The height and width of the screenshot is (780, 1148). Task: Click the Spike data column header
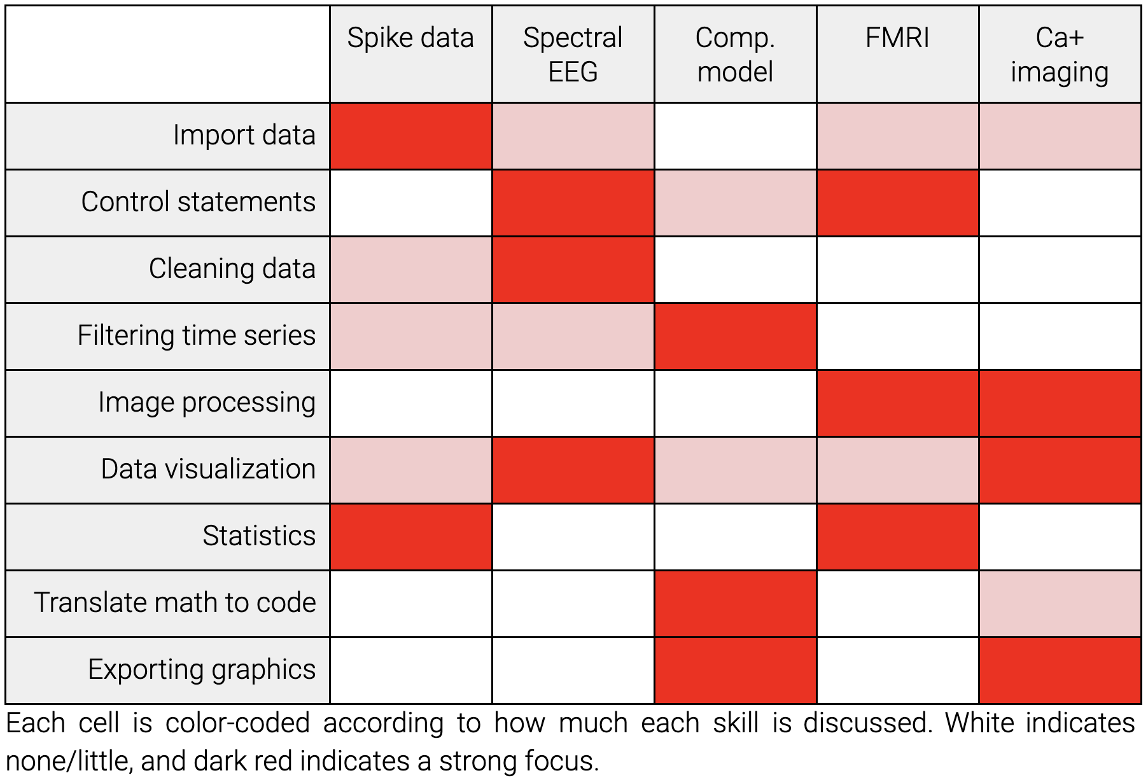coord(410,38)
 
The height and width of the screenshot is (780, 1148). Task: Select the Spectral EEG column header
coord(573,55)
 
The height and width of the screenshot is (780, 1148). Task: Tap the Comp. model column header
coord(735,55)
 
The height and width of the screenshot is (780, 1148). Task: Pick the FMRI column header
coord(897,38)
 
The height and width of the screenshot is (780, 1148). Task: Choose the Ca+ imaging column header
coord(1060,55)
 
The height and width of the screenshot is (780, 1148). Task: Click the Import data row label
coord(244,136)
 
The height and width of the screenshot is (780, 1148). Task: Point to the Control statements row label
coord(198,202)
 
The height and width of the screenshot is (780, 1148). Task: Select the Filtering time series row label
coord(196,336)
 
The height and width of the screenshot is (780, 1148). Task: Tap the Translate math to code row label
coord(175,603)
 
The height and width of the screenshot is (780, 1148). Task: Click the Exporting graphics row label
coord(202,670)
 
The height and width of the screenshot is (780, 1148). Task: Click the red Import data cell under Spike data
coord(410,136)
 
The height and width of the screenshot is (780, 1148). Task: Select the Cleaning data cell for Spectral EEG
coord(573,270)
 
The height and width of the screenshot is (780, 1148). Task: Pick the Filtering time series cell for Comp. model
coord(735,337)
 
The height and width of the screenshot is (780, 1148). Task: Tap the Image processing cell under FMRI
coord(897,403)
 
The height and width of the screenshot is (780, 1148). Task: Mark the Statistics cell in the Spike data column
coord(410,537)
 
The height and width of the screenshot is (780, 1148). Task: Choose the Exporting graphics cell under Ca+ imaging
coord(1060,671)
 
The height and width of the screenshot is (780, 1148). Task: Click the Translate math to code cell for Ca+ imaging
coord(1060,604)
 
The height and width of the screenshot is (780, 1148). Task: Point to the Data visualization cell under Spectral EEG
coord(573,470)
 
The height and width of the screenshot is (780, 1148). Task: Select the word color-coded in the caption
coord(237,723)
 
